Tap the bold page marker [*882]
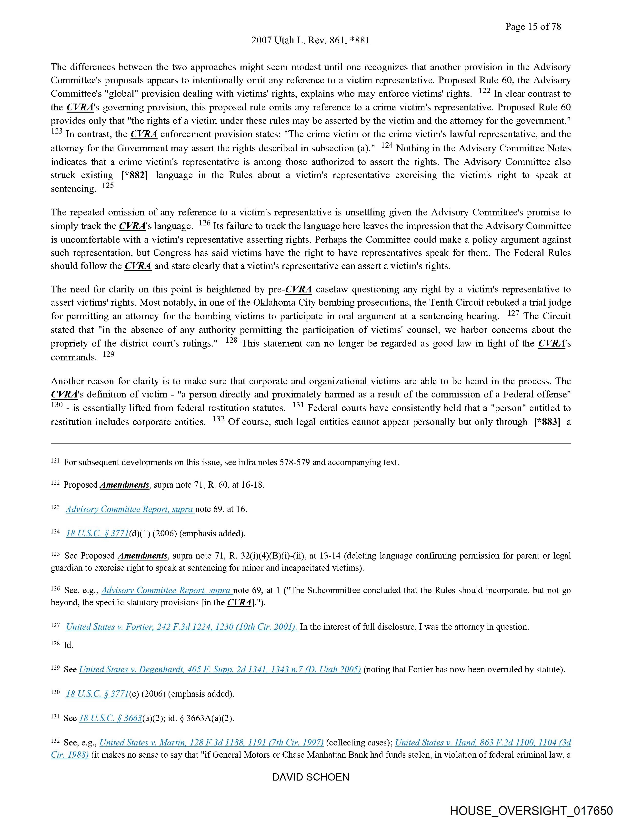click(x=134, y=175)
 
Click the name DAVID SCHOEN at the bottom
click(x=311, y=777)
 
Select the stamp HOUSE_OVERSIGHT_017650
click(x=531, y=810)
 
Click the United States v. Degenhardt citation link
click(x=220, y=670)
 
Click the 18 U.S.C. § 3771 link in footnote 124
click(x=97, y=533)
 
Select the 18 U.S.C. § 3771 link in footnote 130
click(x=97, y=694)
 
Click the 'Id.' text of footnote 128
click(x=68, y=645)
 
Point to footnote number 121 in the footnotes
click(x=55, y=461)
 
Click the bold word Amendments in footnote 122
click(x=125, y=485)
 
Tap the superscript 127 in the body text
click(x=513, y=313)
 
